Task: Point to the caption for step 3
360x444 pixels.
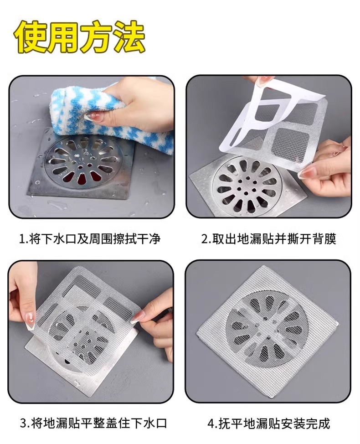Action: pos(93,423)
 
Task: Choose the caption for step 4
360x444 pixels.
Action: pos(269,423)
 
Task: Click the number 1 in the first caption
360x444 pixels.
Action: pos(21,239)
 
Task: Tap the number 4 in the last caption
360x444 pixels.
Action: pos(211,423)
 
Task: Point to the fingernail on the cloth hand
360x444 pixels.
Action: pos(92,117)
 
